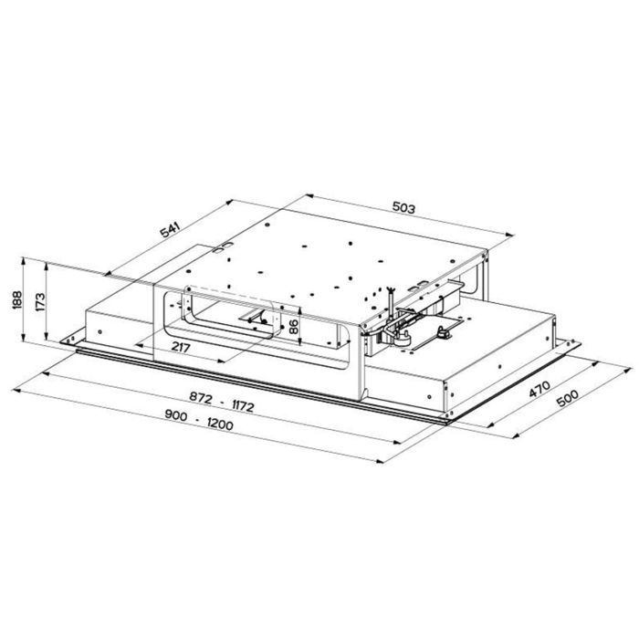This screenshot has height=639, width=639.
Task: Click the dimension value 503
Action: point(404,209)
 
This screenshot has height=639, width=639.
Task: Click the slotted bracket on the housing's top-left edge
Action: point(220,246)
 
